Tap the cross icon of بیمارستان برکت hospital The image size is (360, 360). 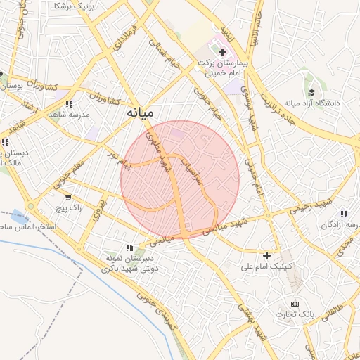223,53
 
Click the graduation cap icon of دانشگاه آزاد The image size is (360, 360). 311,91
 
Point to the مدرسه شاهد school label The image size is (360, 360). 69,114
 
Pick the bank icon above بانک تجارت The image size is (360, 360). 295,302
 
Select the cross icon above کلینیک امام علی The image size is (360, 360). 266,255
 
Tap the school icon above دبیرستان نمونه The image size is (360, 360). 129,247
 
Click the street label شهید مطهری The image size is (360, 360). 157,150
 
